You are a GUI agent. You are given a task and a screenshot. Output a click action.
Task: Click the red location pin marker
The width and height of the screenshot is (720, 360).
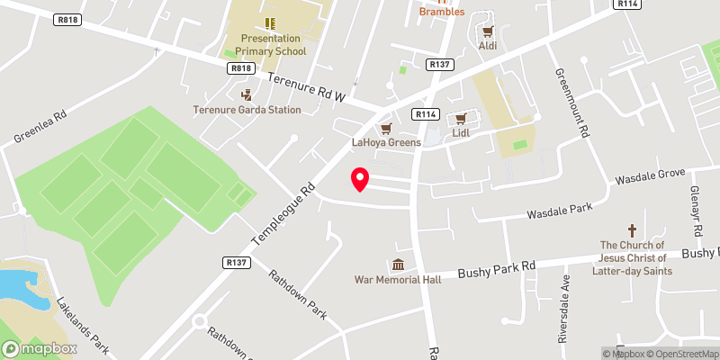[359, 179]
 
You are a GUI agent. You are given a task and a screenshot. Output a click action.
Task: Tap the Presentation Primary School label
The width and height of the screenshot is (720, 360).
[273, 45]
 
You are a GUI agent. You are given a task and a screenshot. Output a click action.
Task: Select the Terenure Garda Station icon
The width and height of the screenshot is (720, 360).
[247, 94]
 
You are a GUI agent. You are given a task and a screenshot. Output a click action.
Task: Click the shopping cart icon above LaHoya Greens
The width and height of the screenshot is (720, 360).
[386, 129]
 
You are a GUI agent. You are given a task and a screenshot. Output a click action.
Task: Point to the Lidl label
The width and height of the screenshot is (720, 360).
[461, 133]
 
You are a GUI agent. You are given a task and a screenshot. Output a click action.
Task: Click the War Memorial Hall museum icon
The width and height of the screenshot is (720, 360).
[397, 265]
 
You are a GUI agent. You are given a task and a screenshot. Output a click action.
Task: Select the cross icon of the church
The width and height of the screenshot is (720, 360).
[632, 230]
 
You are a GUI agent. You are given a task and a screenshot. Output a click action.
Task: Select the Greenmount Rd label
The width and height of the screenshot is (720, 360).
[571, 103]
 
